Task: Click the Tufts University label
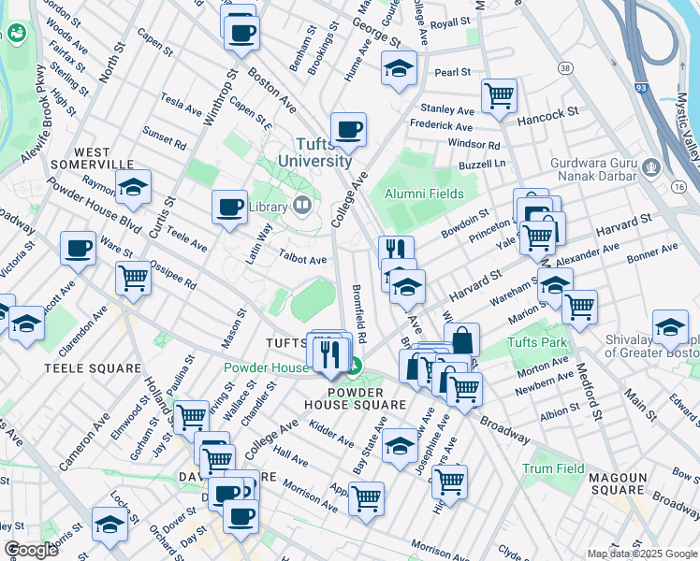point(314,151)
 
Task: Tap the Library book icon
point(301,206)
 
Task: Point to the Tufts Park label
point(536,342)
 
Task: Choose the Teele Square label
point(79,368)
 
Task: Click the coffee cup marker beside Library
point(229,208)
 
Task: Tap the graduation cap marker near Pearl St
point(399,69)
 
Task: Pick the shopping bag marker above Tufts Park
point(462,340)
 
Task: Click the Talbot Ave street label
point(302,260)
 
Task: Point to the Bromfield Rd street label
point(358,312)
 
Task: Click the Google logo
point(31,550)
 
